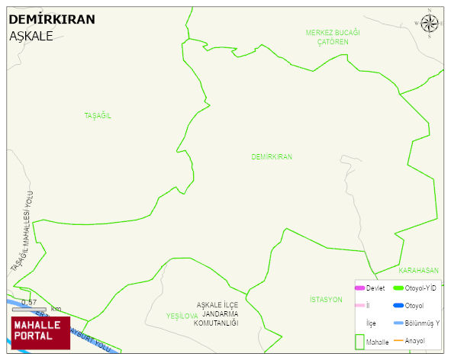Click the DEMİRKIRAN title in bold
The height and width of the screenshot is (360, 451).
[52, 20]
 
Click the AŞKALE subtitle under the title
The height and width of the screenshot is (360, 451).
[31, 36]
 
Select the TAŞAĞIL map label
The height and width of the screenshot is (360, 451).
[98, 115]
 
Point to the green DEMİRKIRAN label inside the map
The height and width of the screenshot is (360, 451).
[272, 156]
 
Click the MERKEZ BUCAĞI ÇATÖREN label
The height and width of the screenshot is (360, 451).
[333, 37]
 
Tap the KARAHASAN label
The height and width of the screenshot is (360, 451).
[419, 270]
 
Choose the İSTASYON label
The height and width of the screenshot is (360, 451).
[326, 299]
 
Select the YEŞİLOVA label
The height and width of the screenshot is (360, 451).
[182, 315]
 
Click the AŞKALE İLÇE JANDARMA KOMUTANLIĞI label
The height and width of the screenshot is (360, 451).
[217, 313]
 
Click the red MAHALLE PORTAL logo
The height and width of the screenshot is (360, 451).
[40, 332]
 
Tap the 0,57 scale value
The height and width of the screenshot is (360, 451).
[29, 302]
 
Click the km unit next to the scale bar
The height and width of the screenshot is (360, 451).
[56, 308]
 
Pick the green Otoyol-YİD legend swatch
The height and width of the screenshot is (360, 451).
[398, 288]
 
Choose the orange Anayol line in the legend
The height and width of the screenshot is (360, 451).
[398, 340]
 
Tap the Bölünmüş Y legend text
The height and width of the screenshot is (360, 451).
[421, 323]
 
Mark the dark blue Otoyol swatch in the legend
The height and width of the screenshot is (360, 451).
[398, 306]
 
